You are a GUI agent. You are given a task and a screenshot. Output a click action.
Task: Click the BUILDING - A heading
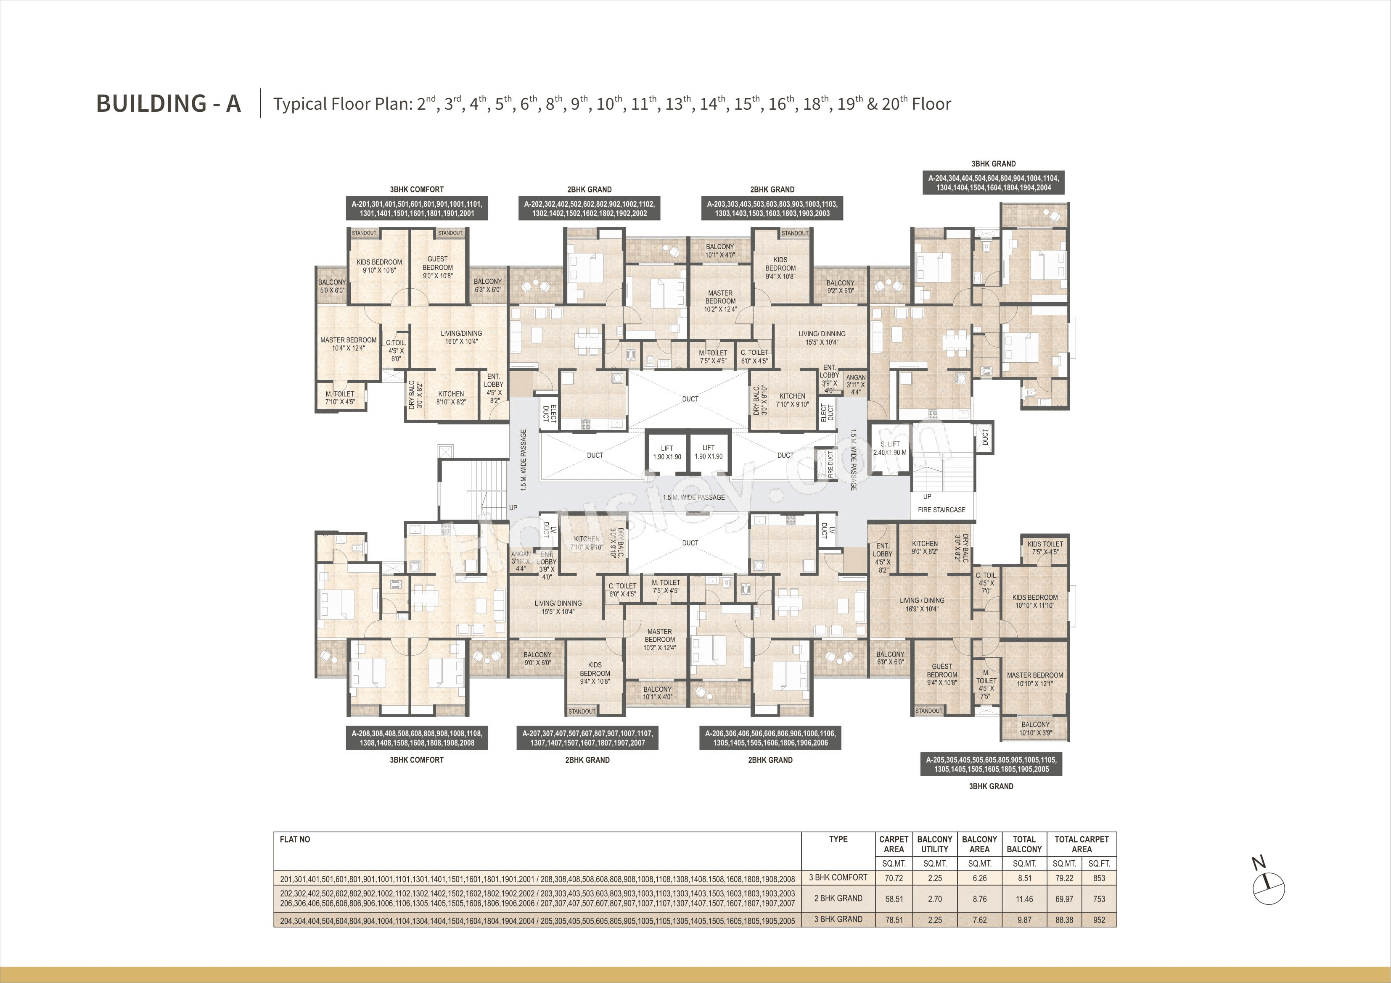coord(169,103)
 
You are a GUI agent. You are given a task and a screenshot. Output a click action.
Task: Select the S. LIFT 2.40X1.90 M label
coord(890,448)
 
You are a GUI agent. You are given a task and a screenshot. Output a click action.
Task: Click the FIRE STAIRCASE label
coord(941,510)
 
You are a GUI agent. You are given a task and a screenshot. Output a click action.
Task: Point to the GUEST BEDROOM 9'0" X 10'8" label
coord(437,267)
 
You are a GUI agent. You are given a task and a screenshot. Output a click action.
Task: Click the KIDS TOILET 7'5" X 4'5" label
coord(1045,548)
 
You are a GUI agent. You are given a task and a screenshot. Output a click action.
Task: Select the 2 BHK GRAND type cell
coord(838,898)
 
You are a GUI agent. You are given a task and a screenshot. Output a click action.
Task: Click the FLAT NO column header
coord(295,839)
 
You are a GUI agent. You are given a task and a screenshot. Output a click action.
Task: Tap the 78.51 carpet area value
coord(894,920)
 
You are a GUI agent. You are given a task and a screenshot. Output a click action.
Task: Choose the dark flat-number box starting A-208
coord(417,738)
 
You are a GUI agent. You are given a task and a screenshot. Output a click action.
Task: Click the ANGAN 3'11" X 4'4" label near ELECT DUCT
coord(855,385)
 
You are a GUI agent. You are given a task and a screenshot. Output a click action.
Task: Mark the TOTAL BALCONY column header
coord(1024,844)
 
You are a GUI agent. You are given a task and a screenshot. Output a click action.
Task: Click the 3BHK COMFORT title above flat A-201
coord(417,190)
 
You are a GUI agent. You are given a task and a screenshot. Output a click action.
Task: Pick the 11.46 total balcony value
coord(1024,899)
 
